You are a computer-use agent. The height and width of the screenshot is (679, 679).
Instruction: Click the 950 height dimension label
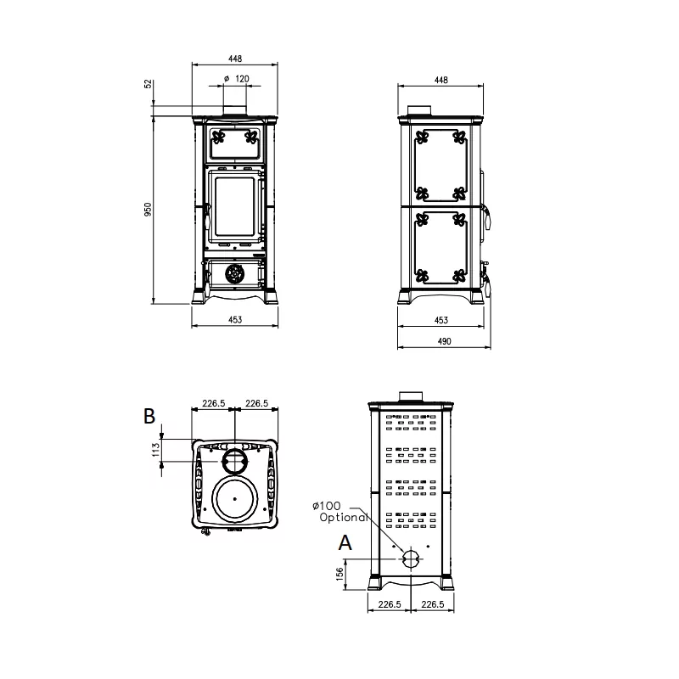[x=148, y=209]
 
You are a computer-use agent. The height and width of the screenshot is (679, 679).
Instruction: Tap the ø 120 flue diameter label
[x=237, y=78]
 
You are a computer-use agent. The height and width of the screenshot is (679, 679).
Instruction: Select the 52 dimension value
[x=148, y=83]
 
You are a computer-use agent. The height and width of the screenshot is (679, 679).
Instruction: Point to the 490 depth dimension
[x=444, y=341]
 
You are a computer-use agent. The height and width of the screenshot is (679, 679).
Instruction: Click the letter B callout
[x=149, y=416]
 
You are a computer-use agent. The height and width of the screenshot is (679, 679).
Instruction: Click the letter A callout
[x=345, y=542]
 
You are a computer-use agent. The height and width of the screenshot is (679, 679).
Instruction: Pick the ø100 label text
[x=327, y=505]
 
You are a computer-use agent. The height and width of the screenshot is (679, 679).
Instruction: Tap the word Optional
[x=344, y=517]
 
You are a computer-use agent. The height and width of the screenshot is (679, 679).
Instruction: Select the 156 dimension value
[x=340, y=574]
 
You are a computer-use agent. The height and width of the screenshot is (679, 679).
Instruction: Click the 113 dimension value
[x=156, y=450]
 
